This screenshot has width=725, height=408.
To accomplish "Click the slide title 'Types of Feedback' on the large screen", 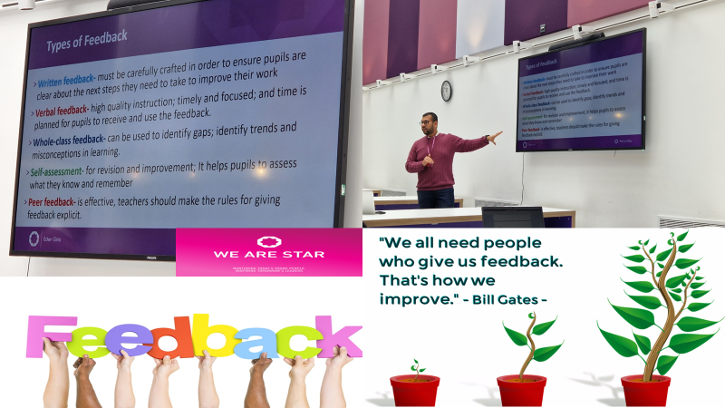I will click(86, 36).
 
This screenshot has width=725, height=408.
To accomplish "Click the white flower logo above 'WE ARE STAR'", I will click(265, 241).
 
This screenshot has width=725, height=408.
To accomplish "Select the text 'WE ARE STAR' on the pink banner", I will click(266, 255).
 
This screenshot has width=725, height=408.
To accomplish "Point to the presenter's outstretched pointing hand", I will click(495, 137).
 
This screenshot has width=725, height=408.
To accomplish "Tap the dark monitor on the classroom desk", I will click(512, 218).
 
